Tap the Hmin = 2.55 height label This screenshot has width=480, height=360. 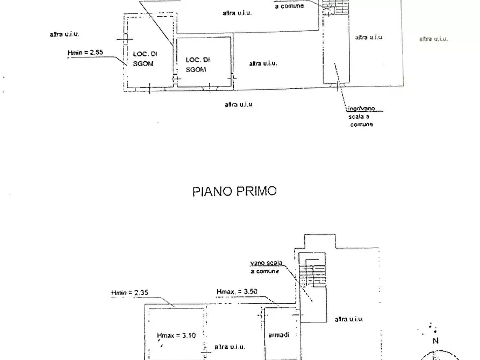point(85,53)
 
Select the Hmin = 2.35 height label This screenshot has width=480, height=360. point(129,293)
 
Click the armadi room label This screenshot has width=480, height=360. point(278,335)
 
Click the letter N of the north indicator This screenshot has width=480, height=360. point(436,340)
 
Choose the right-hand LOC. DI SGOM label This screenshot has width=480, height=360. point(197,64)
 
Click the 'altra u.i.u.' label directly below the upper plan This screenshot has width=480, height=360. point(239,104)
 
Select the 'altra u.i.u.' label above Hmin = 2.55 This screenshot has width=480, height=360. point(65,34)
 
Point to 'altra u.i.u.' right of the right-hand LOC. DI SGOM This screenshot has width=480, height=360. point(263,63)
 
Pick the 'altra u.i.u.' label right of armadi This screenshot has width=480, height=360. point(348,319)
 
